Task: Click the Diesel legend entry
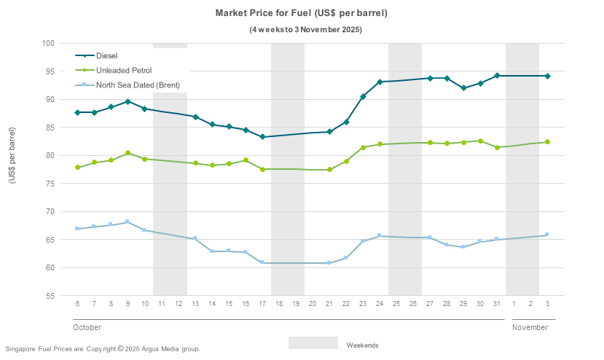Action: (x=106, y=55)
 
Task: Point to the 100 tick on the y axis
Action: (x=49, y=43)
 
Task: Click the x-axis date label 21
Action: (x=329, y=303)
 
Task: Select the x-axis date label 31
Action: (x=497, y=303)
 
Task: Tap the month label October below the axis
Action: (x=87, y=327)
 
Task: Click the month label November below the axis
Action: (x=530, y=327)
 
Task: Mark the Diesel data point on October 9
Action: (x=128, y=101)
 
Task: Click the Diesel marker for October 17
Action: (x=262, y=137)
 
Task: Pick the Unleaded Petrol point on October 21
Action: (x=329, y=170)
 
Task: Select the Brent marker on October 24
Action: (x=380, y=235)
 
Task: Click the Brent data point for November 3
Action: (x=547, y=235)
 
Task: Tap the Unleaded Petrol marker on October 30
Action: (x=480, y=141)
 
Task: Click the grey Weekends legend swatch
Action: (x=313, y=343)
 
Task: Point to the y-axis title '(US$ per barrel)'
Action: (x=12, y=170)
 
